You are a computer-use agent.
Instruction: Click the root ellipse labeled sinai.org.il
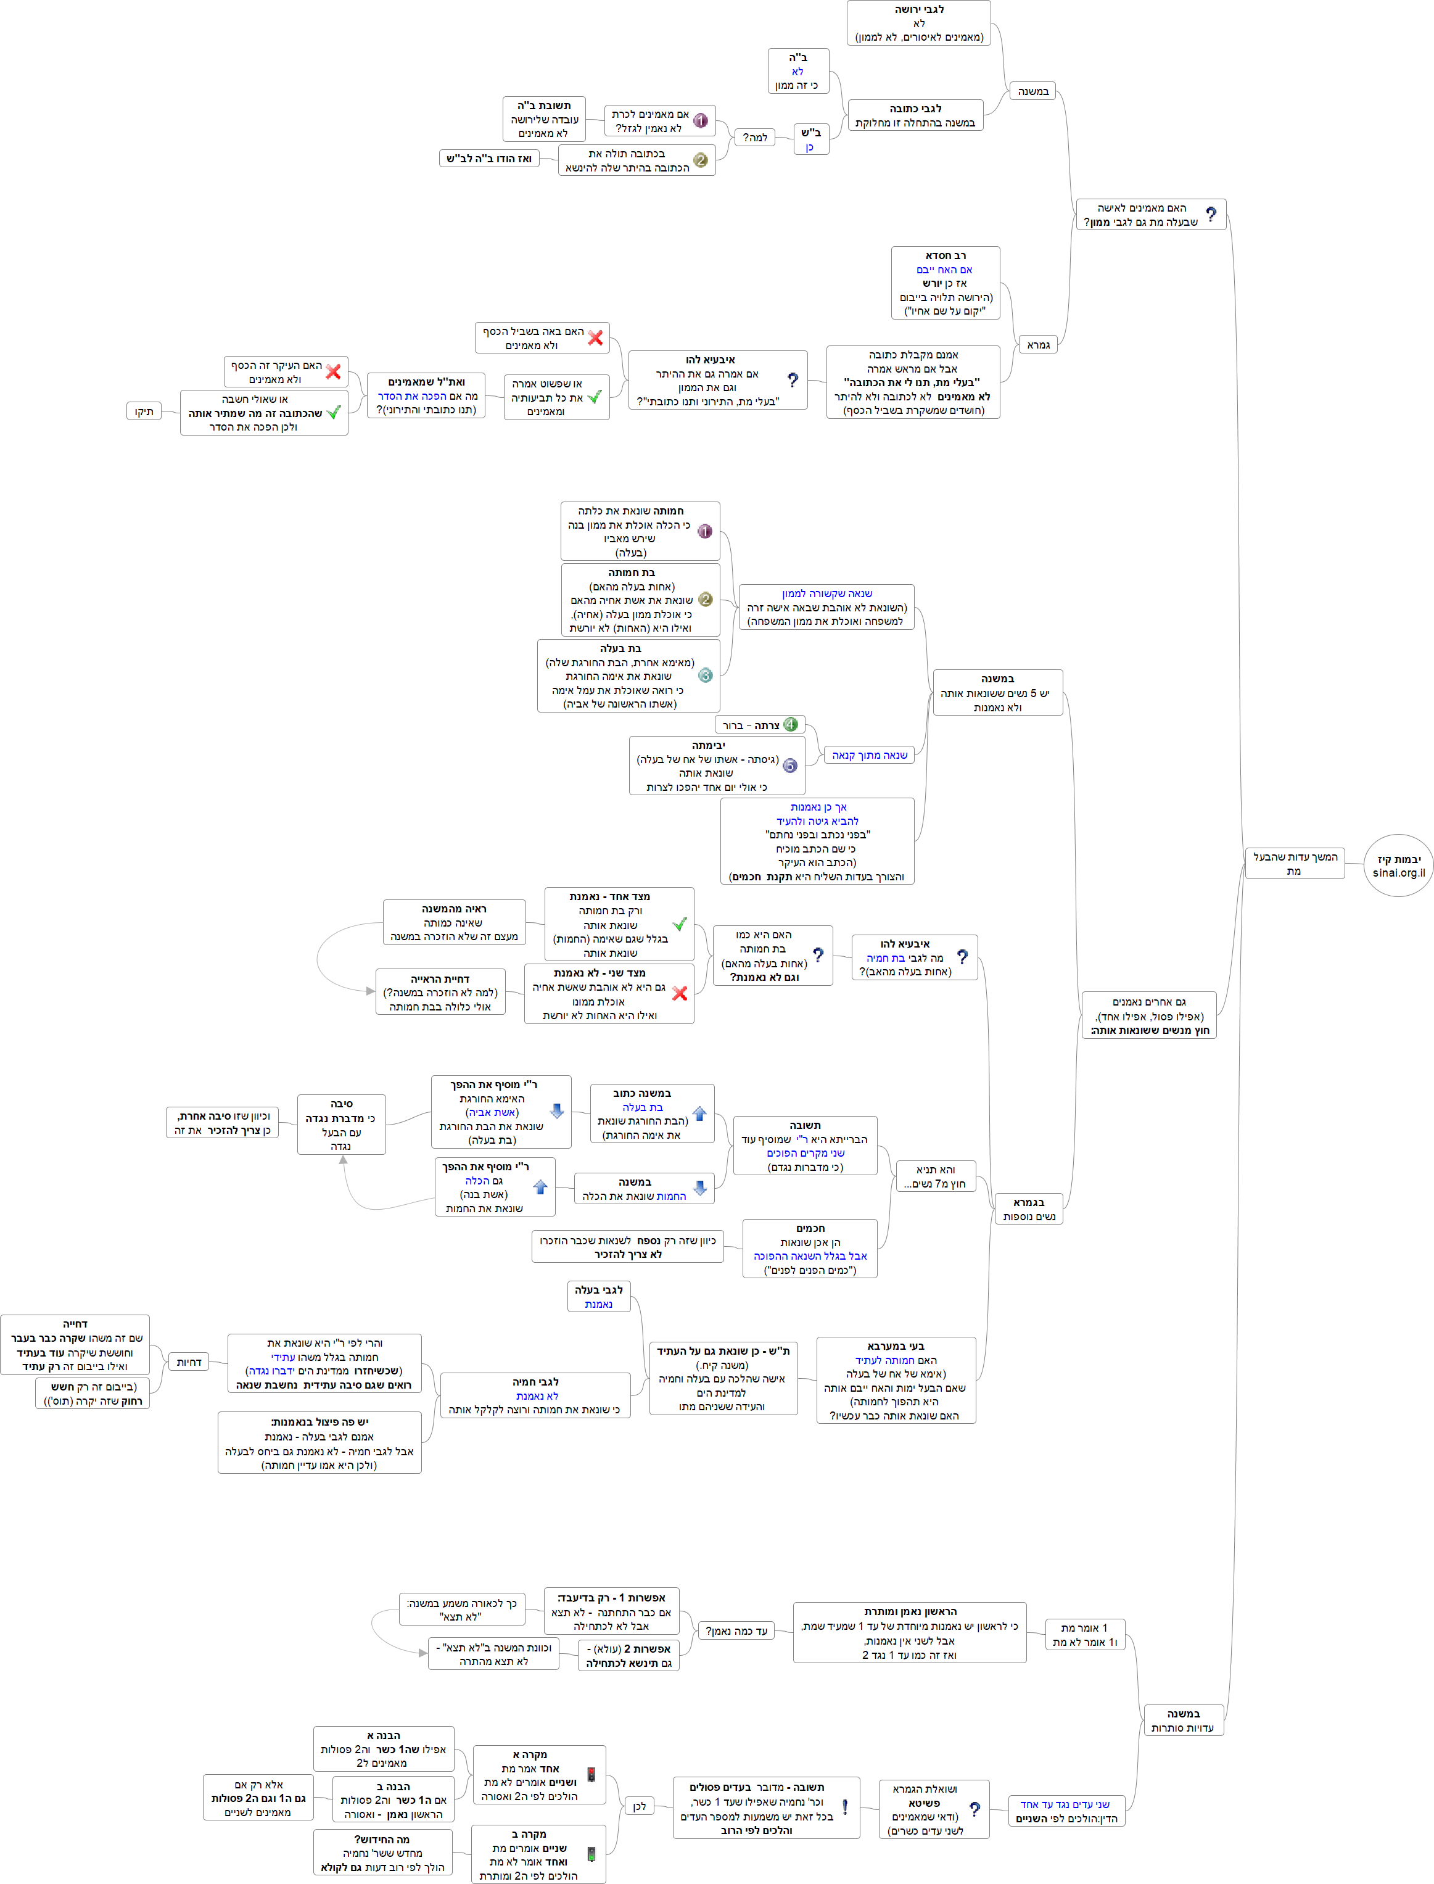point(1397,866)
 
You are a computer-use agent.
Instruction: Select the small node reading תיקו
point(143,411)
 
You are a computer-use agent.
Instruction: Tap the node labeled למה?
point(754,138)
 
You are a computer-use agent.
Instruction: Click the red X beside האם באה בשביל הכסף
point(595,338)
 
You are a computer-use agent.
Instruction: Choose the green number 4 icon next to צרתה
point(791,725)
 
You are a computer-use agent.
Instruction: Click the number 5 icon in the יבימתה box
point(791,766)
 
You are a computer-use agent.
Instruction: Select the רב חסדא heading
point(945,255)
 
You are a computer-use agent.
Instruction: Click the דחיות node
point(189,1363)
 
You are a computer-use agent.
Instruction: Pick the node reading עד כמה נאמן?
point(736,1631)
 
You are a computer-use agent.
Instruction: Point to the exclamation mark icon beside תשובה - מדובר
point(844,1808)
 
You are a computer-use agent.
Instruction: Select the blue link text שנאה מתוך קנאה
point(869,756)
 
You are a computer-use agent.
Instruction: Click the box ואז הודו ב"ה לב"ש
point(488,159)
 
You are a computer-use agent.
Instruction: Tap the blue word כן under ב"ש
point(809,147)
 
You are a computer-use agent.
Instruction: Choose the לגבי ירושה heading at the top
point(918,9)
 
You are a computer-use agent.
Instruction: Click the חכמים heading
point(810,1228)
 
